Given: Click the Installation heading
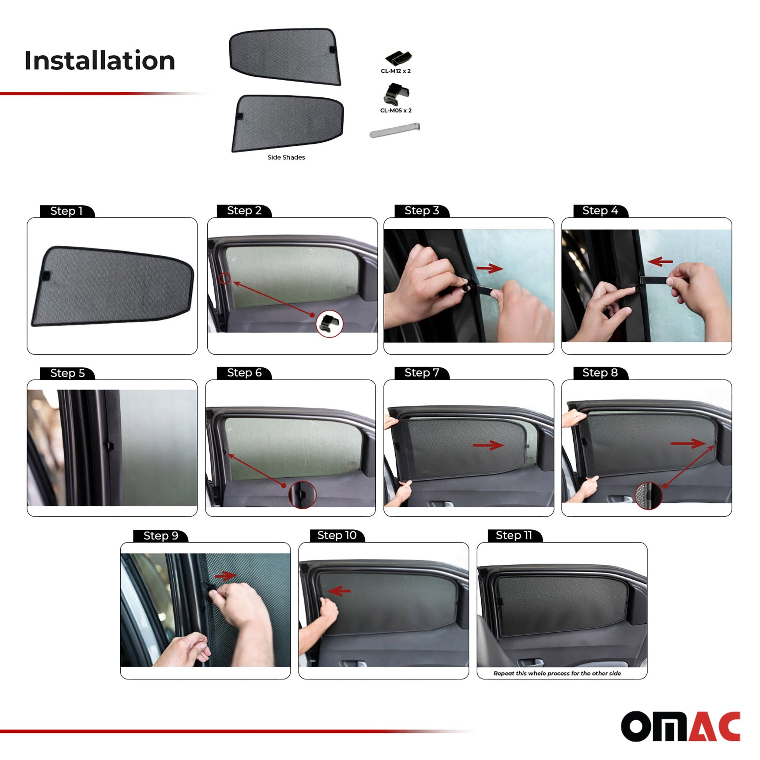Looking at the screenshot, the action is (100, 61).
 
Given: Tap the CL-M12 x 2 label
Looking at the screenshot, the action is (396, 71).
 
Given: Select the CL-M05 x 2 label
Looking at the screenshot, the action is (396, 111).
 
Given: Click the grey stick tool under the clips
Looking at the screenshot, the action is (394, 130).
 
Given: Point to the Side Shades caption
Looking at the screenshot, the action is (286, 157).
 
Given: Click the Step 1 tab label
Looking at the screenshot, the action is (66, 211).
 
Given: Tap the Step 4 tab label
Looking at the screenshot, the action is (600, 211).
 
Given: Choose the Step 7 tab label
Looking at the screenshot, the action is (422, 373).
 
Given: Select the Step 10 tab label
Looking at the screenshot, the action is (337, 535).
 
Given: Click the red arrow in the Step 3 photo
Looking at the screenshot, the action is (490, 269).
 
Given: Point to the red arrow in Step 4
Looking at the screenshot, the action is (660, 261).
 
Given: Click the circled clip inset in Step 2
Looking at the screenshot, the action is (330, 324).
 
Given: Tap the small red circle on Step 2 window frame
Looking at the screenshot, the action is (225, 278).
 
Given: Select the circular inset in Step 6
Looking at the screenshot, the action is (303, 494).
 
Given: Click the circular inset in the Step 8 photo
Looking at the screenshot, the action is (649, 496).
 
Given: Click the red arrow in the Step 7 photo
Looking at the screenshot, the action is (489, 445).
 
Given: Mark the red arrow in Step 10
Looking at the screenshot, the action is (339, 591).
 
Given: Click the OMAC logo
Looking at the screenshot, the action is (681, 726).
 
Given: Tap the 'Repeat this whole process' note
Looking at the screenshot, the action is (557, 673).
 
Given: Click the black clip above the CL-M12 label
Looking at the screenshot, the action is (398, 58).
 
